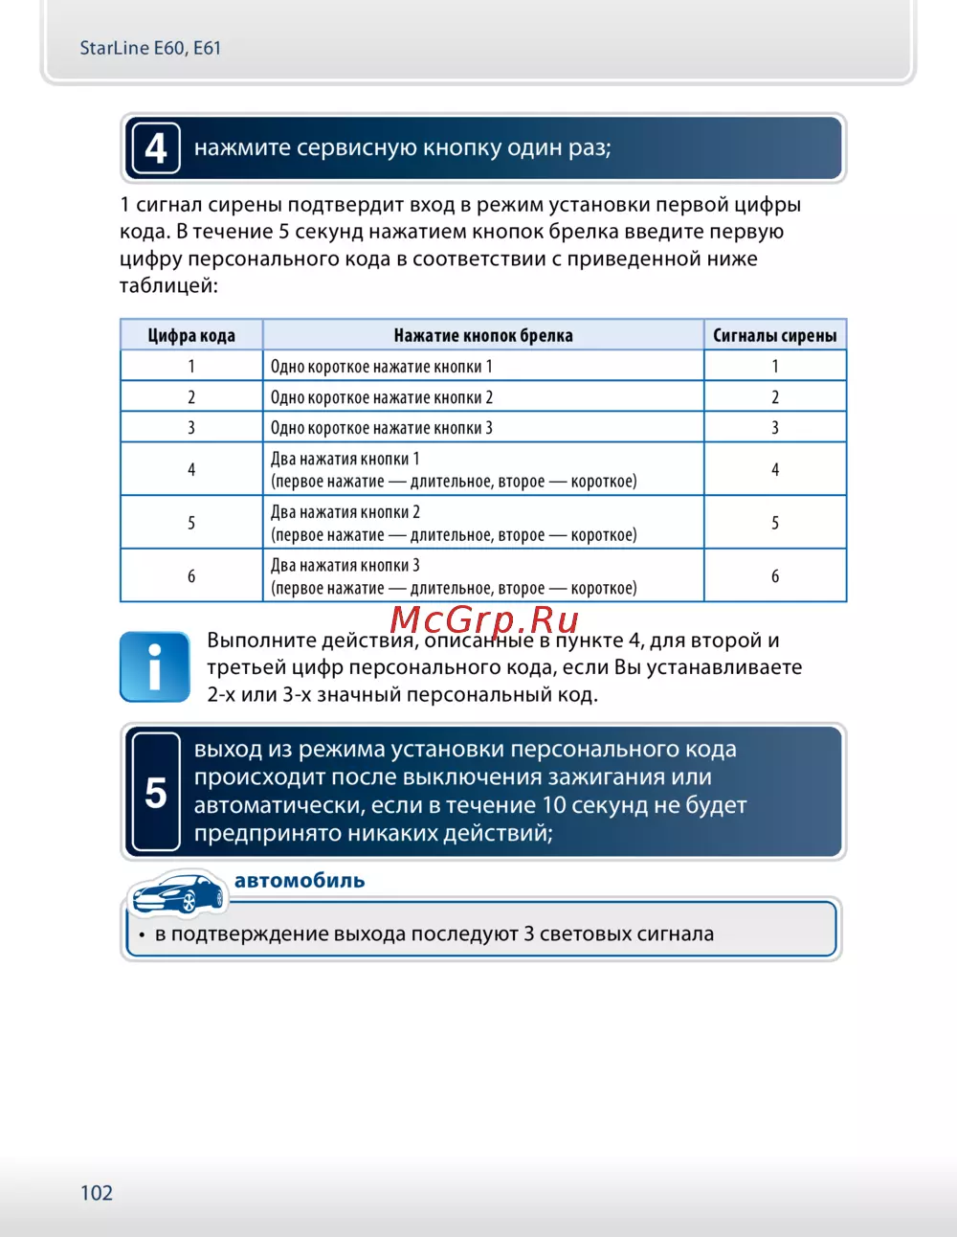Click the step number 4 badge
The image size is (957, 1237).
coord(155,148)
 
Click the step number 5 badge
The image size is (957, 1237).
coord(155,793)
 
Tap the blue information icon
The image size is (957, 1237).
coord(154,666)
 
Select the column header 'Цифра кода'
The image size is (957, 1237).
coord(191,335)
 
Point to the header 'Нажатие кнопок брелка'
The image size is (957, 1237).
coord(483,335)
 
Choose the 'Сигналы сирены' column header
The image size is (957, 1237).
coord(774,335)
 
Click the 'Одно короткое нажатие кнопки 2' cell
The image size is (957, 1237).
coord(382,397)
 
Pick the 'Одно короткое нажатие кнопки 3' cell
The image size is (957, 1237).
coord(382,428)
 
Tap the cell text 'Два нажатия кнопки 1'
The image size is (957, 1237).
coord(345,459)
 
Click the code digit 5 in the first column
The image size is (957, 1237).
coord(191,523)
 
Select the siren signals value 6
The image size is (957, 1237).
coord(775,576)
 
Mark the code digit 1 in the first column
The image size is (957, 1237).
coord(191,366)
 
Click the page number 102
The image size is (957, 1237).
coord(97,1193)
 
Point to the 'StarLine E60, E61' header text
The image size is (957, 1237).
coord(150,48)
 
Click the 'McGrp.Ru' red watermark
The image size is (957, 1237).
coord(484,620)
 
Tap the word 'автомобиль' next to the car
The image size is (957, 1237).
coord(300,881)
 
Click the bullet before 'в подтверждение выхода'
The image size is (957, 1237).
coord(142,935)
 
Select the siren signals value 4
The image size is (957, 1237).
coord(775,469)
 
